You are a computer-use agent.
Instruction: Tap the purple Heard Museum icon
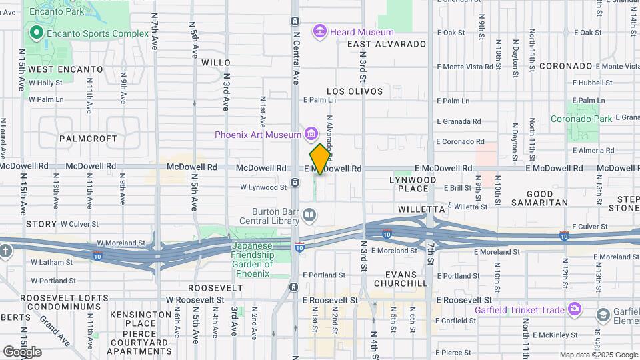pos(320,31)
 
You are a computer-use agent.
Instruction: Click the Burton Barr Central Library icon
pos(309,215)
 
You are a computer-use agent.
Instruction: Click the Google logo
pos(22,352)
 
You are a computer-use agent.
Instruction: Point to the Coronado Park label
pos(581,119)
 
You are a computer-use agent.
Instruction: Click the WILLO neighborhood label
pos(215,62)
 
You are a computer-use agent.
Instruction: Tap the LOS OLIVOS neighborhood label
pos(355,91)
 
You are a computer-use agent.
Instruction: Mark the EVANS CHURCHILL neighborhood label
pos(400,279)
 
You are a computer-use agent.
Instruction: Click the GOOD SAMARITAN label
pos(539,197)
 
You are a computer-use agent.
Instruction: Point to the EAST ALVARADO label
pos(387,44)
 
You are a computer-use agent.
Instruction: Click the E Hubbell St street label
pos(595,83)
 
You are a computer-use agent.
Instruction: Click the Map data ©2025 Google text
pos(599,355)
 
